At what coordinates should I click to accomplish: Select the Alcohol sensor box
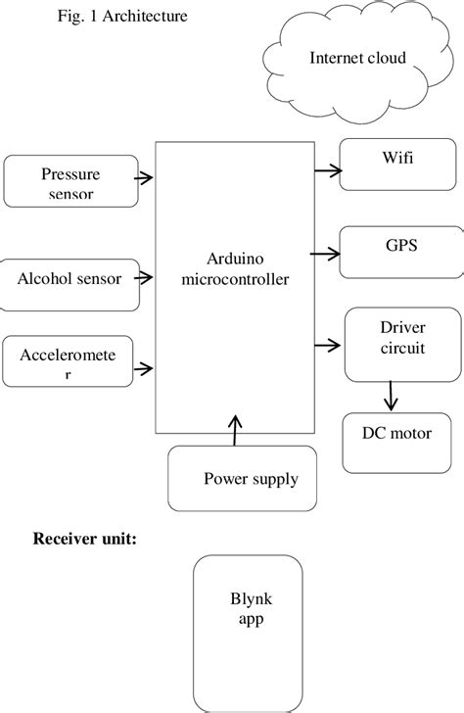(70, 278)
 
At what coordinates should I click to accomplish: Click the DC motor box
(397, 434)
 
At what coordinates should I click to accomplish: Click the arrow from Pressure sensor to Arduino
(145, 178)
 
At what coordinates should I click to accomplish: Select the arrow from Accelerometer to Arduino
(145, 369)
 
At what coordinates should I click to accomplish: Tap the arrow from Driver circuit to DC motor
(392, 396)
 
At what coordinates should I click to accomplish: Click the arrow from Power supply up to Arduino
(234, 430)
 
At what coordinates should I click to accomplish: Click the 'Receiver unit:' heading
(84, 539)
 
